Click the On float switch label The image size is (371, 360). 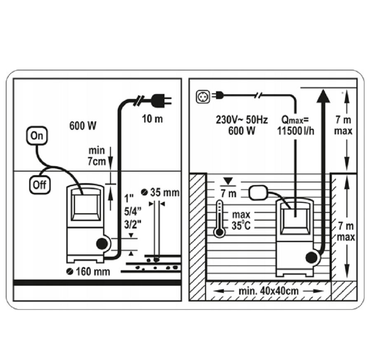37,136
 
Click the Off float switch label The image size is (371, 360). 39,184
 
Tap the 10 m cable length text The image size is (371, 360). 152,119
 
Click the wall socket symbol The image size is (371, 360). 203,96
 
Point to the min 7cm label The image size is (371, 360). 96,155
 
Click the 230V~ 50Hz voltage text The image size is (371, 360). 242,120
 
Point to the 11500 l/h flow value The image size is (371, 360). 295,131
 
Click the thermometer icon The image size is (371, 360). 220,219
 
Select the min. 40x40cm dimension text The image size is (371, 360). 268,291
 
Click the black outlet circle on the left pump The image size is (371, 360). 102,244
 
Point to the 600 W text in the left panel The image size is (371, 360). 83,126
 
